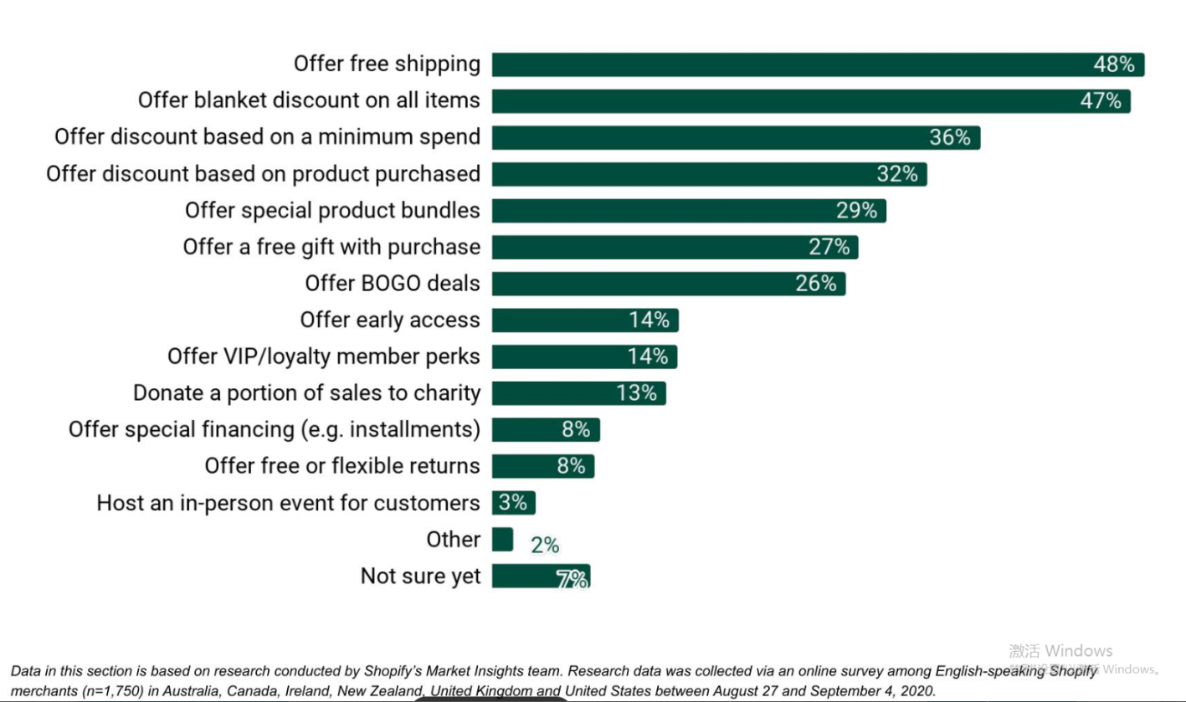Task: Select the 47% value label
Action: coord(1101,101)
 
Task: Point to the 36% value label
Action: coord(950,137)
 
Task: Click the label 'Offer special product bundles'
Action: coord(332,210)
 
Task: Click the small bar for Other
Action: coord(502,540)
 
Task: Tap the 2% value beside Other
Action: coord(544,546)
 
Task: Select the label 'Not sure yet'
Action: coord(420,576)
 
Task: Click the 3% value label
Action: coord(513,503)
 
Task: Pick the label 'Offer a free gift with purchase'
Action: coord(331,247)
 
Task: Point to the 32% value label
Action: coord(897,174)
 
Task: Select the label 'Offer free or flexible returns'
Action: coord(342,466)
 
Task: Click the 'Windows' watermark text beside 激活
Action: coord(1079,651)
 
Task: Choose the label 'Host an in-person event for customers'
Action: coord(288,503)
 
